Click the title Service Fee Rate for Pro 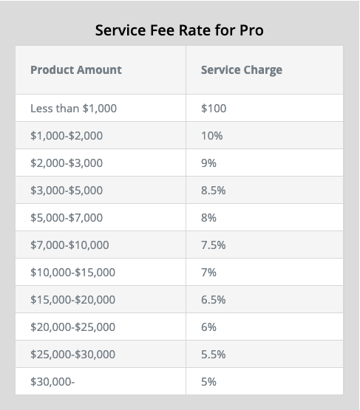(180, 30)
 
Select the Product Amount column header (76, 70)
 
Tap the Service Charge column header (242, 70)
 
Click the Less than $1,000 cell (73, 109)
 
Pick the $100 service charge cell (214, 109)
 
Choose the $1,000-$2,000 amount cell (67, 136)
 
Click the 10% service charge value (212, 136)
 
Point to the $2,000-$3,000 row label (67, 163)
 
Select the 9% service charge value (208, 163)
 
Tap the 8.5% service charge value (213, 191)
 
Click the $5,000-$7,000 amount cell (67, 217)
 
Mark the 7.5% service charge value (213, 245)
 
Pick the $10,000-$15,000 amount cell (73, 272)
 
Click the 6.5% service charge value (213, 300)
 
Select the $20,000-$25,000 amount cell (73, 327)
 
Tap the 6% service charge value (208, 327)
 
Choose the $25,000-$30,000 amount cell (73, 355)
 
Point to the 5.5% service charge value (213, 355)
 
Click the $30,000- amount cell (52, 381)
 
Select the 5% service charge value (208, 381)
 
